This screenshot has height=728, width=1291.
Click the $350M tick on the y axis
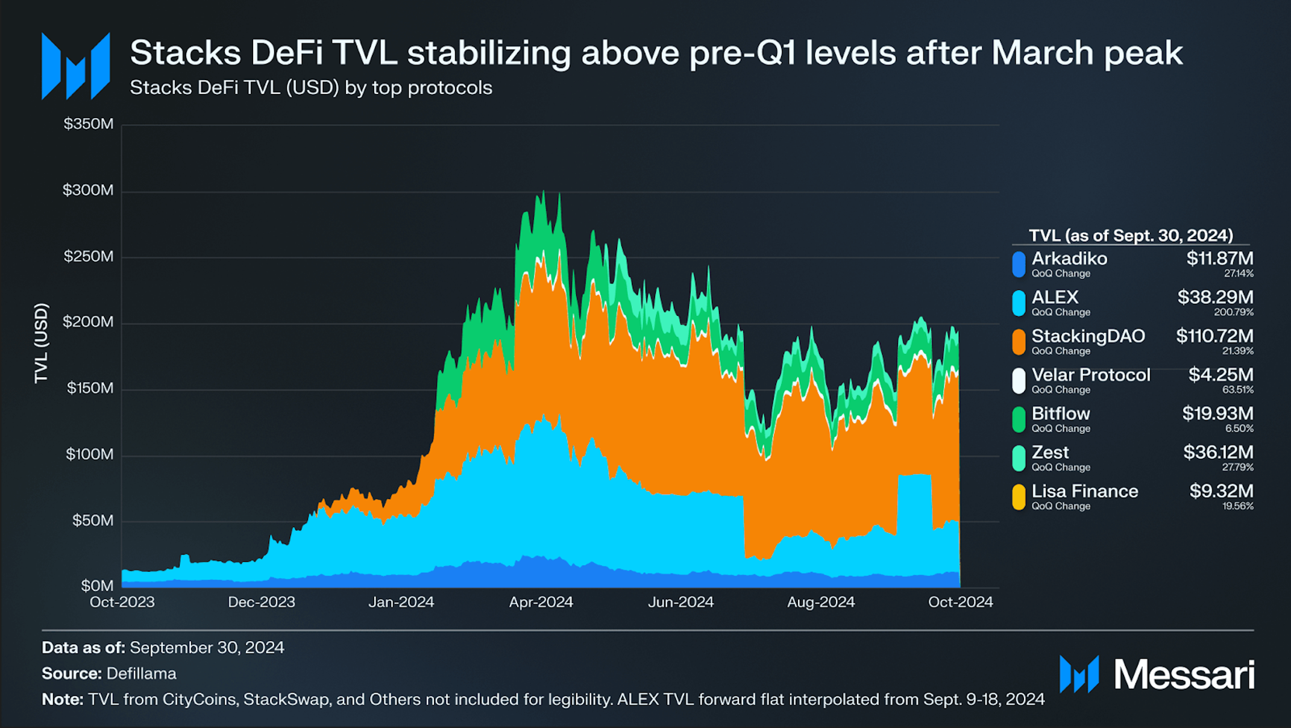click(89, 124)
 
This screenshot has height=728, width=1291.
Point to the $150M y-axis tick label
click(90, 388)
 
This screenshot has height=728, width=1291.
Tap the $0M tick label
click(98, 585)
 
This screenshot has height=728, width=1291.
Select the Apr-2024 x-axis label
click(541, 602)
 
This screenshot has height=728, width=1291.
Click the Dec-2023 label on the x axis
click(262, 602)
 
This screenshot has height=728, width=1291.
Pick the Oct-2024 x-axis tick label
click(961, 602)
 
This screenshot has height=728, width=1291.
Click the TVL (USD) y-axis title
click(41, 343)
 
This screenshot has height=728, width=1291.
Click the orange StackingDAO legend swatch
click(1019, 342)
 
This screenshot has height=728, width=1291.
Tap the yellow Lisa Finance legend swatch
click(1019, 497)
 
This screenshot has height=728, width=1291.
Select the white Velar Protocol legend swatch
click(1019, 381)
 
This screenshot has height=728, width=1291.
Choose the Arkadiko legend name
click(1069, 259)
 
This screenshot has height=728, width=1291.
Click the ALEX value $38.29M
click(1216, 297)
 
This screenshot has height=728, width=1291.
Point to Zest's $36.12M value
click(1218, 452)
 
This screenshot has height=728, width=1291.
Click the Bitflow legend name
click(1061, 413)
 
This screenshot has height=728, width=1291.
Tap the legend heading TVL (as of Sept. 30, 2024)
click(1131, 235)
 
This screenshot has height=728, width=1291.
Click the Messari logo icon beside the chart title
click(76, 66)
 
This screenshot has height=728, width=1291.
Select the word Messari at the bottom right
click(1184, 674)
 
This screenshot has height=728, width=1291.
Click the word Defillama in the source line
click(142, 673)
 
